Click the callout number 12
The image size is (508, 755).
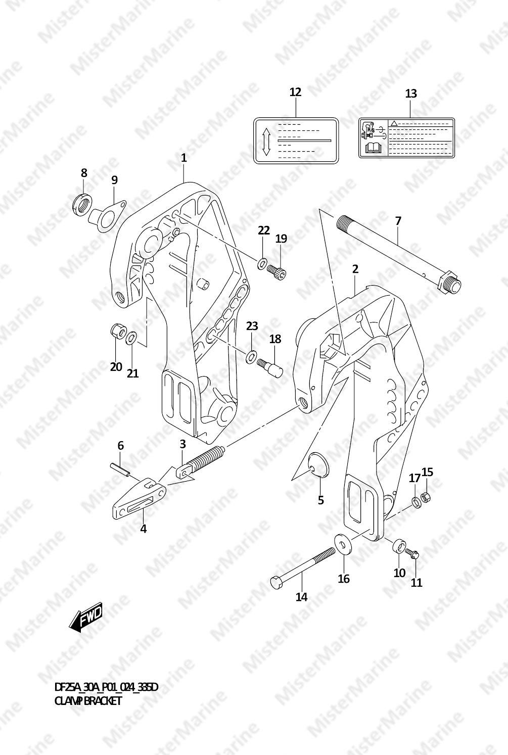pyautogui.click(x=295, y=92)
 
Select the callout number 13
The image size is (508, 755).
pyautogui.click(x=411, y=93)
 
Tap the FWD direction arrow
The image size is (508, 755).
pyautogui.click(x=86, y=617)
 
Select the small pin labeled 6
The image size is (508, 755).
pyautogui.click(x=120, y=469)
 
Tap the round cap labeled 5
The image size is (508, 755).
pyautogui.click(x=318, y=464)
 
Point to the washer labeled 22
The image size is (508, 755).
pyautogui.click(x=262, y=263)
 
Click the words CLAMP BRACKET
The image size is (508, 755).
pyautogui.click(x=88, y=701)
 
